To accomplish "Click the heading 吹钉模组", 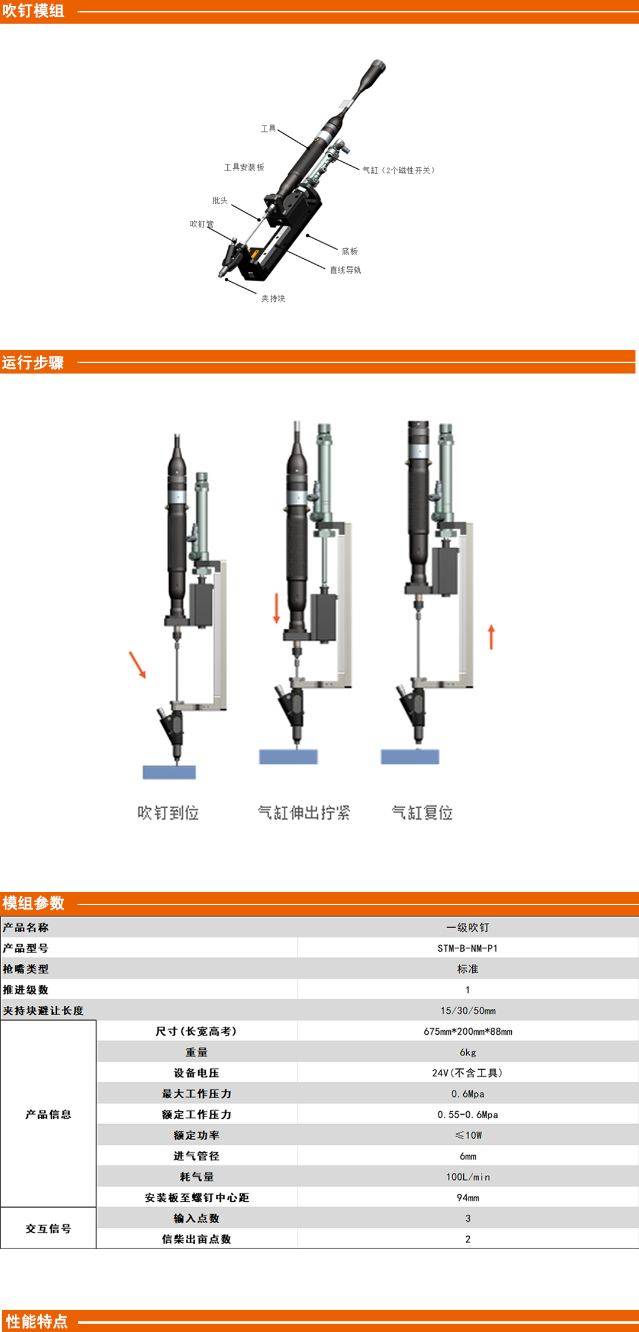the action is [x=33, y=11].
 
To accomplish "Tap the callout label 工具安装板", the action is [x=244, y=168].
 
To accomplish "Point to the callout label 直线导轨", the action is [x=346, y=270].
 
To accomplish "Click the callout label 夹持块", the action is [x=273, y=298].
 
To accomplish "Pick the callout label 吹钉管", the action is [x=202, y=224].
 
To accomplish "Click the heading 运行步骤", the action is [x=33, y=362].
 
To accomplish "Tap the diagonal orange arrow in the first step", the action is [x=137, y=665].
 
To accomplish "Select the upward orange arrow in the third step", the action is [x=491, y=637].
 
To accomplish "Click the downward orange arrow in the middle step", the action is [x=276, y=609].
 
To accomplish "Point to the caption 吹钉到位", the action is [x=168, y=813].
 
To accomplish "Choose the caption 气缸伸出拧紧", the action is [x=304, y=813].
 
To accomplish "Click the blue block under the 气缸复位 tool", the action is [x=410, y=757].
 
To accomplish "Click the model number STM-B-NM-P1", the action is [x=467, y=948].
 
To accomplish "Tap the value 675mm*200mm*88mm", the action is [x=468, y=1031].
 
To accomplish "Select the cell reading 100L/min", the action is [x=468, y=1177].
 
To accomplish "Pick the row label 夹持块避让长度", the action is [x=43, y=1011].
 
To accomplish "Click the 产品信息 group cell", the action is [x=49, y=1114].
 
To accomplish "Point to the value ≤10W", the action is [x=468, y=1135].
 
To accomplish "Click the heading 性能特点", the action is [x=37, y=1321].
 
